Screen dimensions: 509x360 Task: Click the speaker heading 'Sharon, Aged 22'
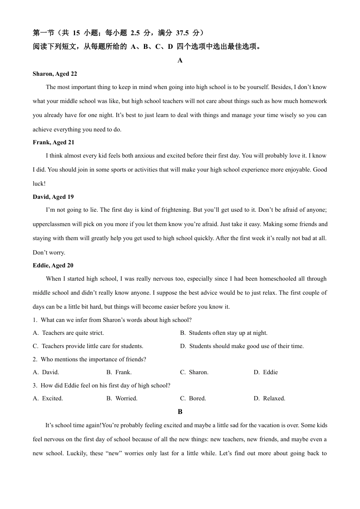pyautogui.click(x=55, y=74)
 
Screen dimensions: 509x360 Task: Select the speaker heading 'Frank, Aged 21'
pyautogui.click(x=53, y=142)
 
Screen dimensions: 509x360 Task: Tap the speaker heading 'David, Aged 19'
pyautogui.click(x=53, y=197)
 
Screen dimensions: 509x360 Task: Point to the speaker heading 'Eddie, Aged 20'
pyautogui.click(x=53, y=265)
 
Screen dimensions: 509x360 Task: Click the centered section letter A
pyautogui.click(x=180, y=61)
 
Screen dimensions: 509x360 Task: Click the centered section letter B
pyautogui.click(x=180, y=412)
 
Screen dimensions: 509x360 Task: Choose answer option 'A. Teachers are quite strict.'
pyautogui.click(x=68, y=333)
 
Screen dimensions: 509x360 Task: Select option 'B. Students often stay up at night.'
pyautogui.click(x=224, y=333)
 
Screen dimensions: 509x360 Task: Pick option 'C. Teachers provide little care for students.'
pyautogui.click(x=88, y=346)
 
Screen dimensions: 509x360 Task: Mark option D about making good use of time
pyautogui.click(x=242, y=346)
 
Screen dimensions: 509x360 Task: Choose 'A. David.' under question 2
pyautogui.click(x=46, y=372)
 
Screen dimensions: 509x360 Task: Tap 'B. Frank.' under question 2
pyautogui.click(x=119, y=372)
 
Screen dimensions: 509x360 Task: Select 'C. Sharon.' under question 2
pyautogui.click(x=194, y=372)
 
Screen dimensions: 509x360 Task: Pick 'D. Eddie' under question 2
pyautogui.click(x=266, y=372)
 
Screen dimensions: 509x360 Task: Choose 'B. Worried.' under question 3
pyautogui.click(x=122, y=398)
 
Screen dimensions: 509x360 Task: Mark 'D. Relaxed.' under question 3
pyautogui.click(x=269, y=398)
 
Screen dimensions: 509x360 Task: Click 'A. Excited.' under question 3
pyautogui.click(x=48, y=398)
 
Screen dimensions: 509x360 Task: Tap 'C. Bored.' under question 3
pyautogui.click(x=193, y=398)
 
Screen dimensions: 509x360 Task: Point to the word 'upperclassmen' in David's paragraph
pyautogui.click(x=52, y=224)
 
